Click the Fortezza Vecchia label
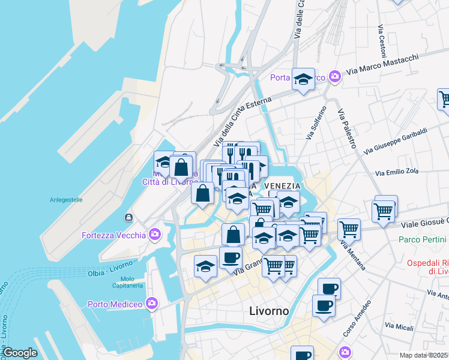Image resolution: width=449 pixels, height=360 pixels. coord(113,235)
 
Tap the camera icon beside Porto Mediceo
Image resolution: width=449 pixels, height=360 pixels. coord(152,304)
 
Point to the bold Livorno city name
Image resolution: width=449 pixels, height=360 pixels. coord(268,311)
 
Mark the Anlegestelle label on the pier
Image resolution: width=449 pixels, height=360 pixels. coord(65,200)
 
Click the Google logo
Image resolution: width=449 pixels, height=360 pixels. coord(20,353)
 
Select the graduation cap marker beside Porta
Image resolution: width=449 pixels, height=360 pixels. coord(303,79)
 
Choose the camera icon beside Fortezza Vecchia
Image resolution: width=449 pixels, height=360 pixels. coord(155,234)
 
